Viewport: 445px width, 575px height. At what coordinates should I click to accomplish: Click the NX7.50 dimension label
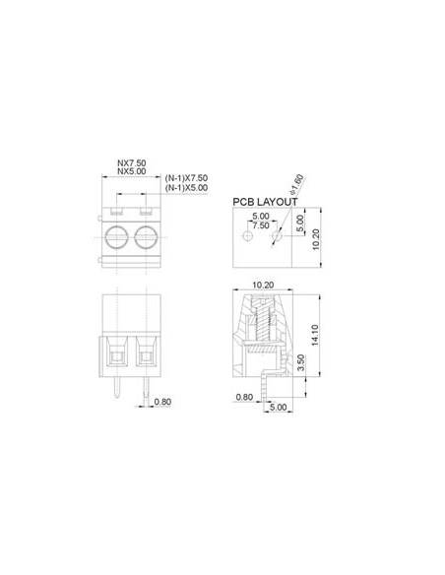click(x=133, y=164)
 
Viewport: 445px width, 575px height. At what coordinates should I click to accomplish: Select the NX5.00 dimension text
click(x=133, y=173)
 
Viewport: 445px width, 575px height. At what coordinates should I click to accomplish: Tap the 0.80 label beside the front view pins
click(x=163, y=402)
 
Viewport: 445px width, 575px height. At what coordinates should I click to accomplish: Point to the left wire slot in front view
click(x=119, y=351)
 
